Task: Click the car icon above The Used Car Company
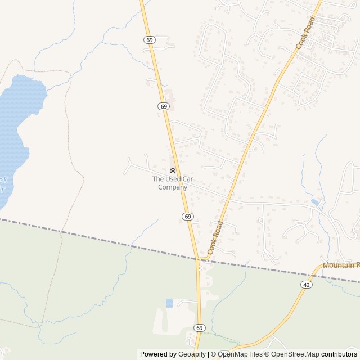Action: coord(172,170)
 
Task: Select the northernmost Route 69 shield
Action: coord(148,40)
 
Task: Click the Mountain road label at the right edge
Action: coord(341,265)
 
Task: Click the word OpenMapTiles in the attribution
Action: coord(240,354)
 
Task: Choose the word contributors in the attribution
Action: coord(339,354)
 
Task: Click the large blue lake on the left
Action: coord(17,118)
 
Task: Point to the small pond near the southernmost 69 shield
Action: coord(169,303)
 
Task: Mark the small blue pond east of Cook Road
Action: coord(315,202)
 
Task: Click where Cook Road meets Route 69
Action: coord(198,260)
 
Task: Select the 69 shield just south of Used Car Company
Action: coord(188,217)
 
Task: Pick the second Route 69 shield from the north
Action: coord(163,106)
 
